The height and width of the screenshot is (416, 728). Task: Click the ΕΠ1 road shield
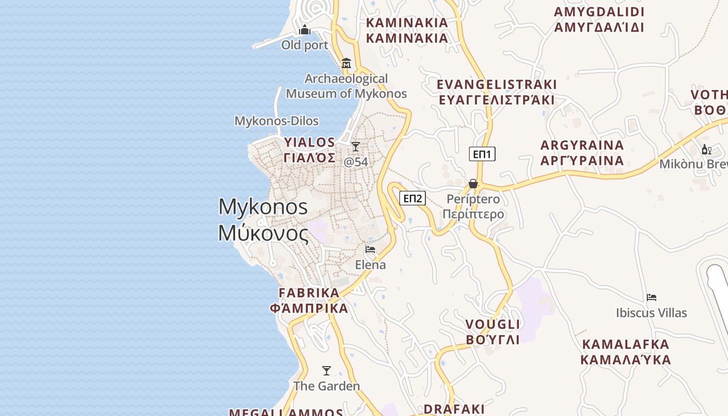(x=482, y=154)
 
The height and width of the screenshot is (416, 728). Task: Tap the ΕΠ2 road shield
(x=412, y=198)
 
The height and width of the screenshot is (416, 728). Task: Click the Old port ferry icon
(x=305, y=30)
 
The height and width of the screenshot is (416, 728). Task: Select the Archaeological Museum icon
(x=346, y=63)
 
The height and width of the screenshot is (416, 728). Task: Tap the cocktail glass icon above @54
(x=356, y=147)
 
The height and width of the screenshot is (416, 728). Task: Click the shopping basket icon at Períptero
(x=473, y=184)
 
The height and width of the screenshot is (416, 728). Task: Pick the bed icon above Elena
(x=370, y=250)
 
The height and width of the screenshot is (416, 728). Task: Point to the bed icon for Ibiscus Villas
(x=652, y=297)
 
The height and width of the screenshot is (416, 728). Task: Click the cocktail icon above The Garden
(x=327, y=371)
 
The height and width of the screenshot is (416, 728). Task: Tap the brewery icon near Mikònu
(x=706, y=150)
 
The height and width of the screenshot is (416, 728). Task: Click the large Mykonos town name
(x=263, y=220)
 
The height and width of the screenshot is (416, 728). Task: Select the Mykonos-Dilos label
(x=276, y=121)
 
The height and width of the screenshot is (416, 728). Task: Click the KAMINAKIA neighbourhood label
(x=407, y=30)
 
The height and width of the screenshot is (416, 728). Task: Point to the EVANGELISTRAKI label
(x=497, y=92)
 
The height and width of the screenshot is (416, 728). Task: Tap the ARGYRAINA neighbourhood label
(x=582, y=152)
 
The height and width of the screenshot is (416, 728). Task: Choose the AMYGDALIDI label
(x=599, y=19)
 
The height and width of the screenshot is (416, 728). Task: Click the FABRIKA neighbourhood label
(x=309, y=301)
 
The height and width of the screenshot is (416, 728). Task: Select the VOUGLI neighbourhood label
(x=492, y=332)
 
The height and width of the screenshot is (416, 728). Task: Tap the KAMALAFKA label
(x=626, y=352)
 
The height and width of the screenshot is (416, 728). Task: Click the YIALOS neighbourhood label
(x=309, y=150)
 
